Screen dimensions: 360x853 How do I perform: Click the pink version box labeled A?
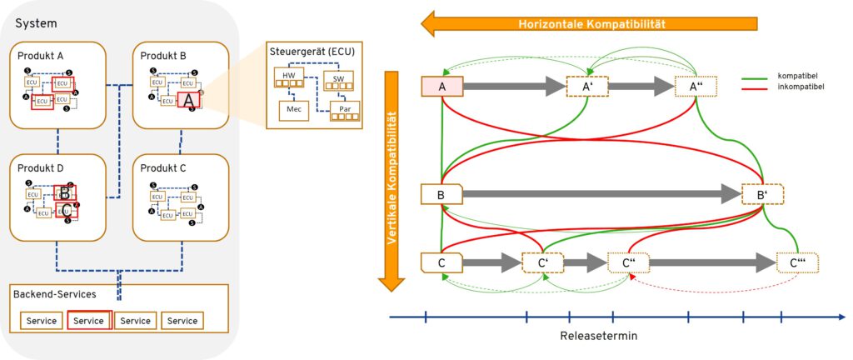point(442,86)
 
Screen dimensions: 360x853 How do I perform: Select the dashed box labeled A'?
point(586,86)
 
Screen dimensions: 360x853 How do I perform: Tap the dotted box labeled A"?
point(696,86)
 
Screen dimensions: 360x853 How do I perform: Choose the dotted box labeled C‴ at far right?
point(797,262)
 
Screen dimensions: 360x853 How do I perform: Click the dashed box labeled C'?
point(542,262)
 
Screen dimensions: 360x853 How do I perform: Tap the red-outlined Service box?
point(88,321)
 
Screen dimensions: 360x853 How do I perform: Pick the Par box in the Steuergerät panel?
point(344,110)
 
